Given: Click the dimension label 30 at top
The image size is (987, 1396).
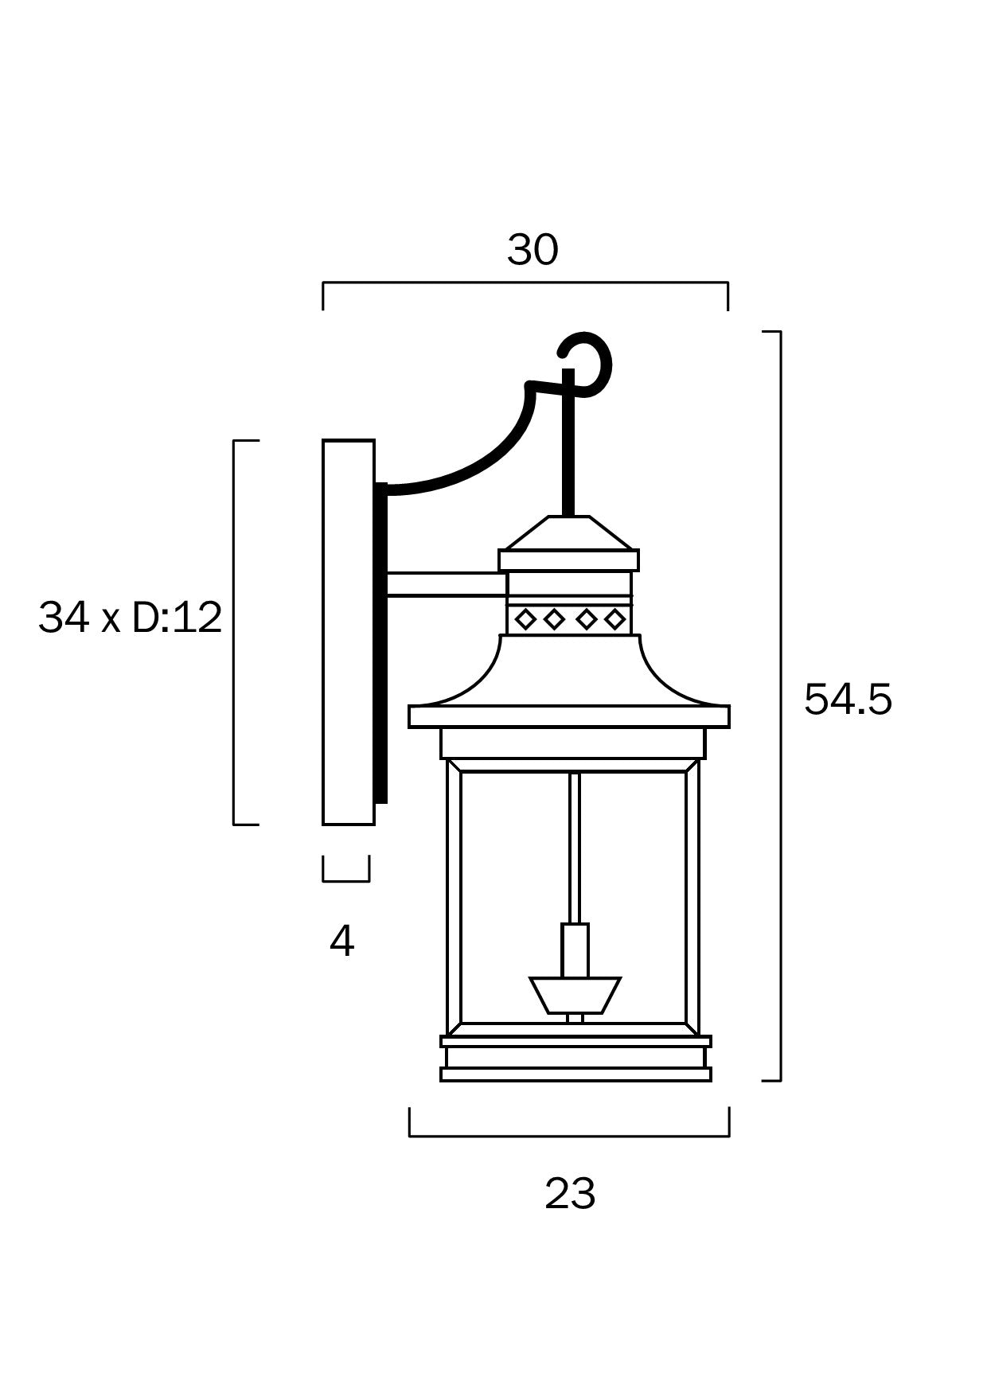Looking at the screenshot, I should [533, 251].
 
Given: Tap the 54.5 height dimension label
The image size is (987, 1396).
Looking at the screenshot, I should [848, 700].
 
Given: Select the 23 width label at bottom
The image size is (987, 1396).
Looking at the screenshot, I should [570, 1195].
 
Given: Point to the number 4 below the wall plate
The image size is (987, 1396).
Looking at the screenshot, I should [341, 942].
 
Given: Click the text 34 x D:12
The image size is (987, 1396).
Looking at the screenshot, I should [130, 618].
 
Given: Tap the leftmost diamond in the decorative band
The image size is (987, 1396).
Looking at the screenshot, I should [525, 618].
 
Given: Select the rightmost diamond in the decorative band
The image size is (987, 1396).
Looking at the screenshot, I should [614, 618].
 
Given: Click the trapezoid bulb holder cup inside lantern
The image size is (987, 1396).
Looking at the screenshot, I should [575, 995].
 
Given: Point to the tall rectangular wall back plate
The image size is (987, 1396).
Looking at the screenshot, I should [348, 633].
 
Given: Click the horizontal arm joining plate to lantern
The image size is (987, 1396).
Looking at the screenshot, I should [446, 584].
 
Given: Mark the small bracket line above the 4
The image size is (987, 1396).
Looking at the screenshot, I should [346, 881].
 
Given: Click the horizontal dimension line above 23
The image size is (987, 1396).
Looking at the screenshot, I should [569, 1136].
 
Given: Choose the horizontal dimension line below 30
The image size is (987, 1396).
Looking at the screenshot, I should [525, 283].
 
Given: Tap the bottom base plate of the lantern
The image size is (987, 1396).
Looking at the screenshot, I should [575, 1074].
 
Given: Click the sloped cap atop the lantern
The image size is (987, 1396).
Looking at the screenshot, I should [568, 532].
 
